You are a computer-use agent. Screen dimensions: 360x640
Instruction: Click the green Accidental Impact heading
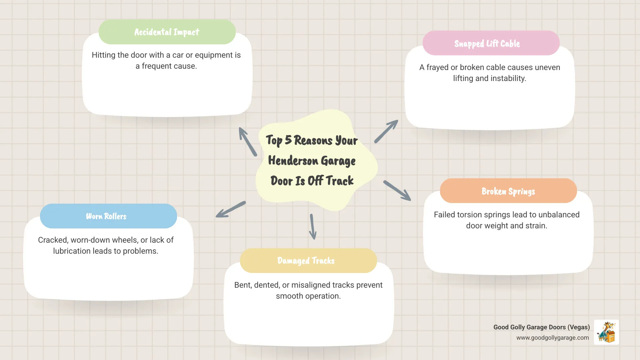[167, 32]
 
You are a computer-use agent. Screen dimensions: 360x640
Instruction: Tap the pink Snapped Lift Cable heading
[487, 43]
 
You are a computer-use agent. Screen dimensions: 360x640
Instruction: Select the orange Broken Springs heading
[508, 191]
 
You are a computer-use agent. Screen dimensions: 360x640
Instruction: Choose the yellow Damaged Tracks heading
[306, 261]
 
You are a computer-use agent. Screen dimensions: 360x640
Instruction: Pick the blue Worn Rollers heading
[106, 216]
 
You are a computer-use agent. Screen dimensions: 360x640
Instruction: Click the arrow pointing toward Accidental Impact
[248, 141]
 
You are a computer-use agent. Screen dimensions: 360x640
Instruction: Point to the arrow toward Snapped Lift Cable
[386, 131]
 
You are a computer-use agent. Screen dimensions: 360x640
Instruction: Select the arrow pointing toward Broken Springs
[397, 191]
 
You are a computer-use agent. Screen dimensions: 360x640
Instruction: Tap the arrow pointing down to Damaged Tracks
[312, 227]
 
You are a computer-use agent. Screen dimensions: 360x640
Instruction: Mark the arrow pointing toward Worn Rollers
[231, 210]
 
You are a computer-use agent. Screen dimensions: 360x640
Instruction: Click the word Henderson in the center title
[293, 161]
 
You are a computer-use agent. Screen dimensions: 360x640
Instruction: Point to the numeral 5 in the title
[288, 140]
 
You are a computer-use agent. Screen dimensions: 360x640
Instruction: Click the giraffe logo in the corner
[606, 332]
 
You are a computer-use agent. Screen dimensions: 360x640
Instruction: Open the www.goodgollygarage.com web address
[552, 338]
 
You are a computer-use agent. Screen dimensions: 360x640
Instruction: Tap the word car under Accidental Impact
[178, 55]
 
